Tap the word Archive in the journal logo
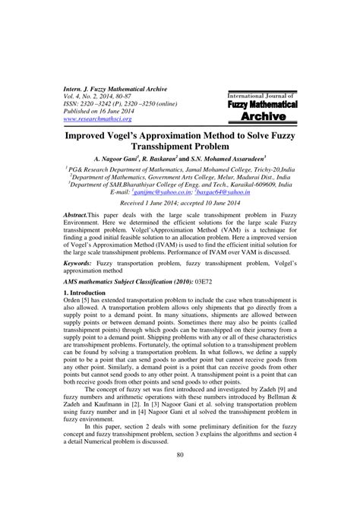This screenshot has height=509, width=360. tap(255, 116)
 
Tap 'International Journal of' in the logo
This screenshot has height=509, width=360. tap(256, 93)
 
